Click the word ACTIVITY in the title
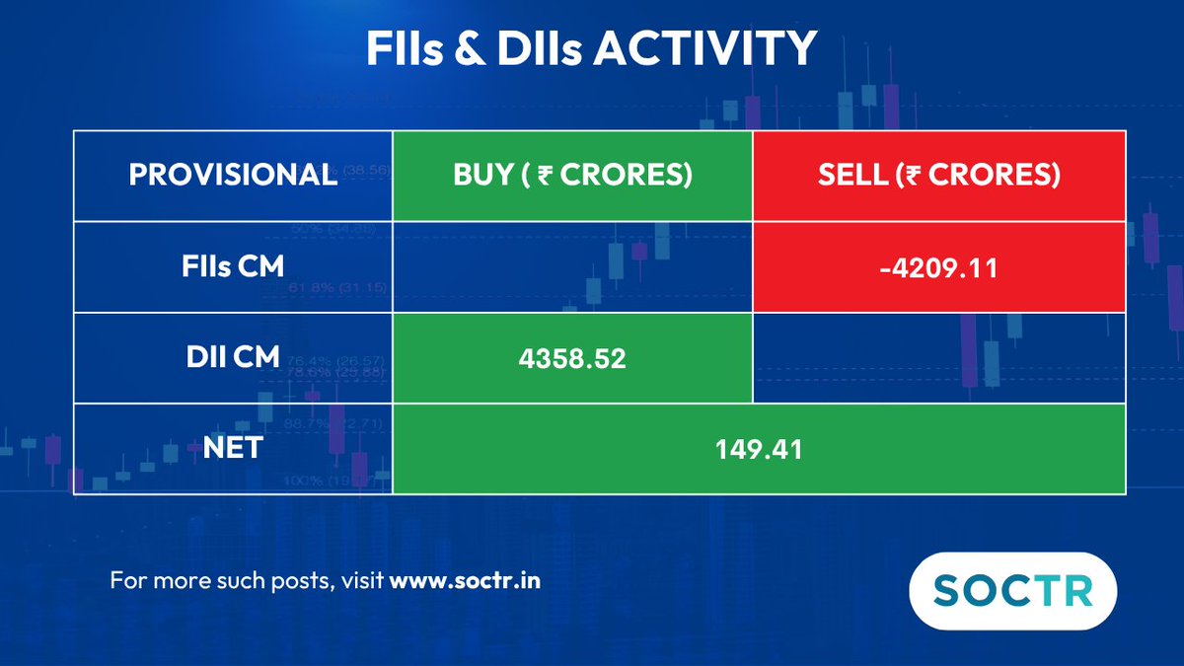(x=705, y=47)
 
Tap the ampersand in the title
(x=470, y=47)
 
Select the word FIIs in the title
(x=405, y=47)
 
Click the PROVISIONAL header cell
(x=233, y=175)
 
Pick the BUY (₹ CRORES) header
(x=572, y=175)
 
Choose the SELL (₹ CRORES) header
(x=939, y=175)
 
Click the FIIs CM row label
(x=233, y=265)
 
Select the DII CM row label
(x=233, y=357)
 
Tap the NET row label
(x=233, y=448)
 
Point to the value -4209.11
(x=939, y=268)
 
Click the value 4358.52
(x=572, y=358)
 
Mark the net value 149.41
(x=759, y=450)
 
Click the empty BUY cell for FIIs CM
(x=572, y=267)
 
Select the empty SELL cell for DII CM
(x=939, y=358)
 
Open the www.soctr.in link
(x=465, y=580)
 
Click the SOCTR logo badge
(x=1013, y=591)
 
